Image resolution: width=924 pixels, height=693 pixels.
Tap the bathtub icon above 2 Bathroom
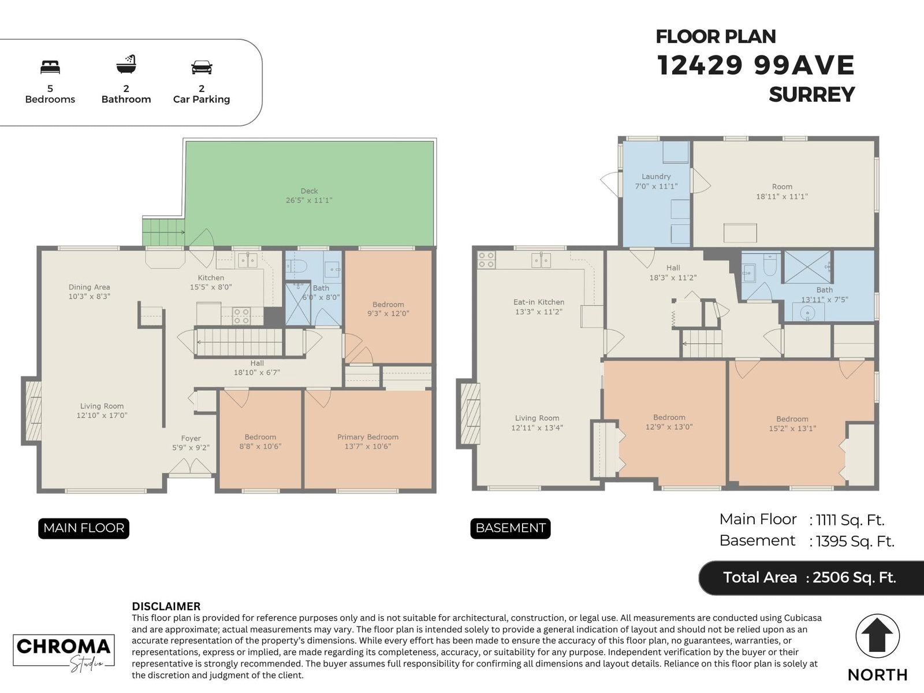(x=126, y=64)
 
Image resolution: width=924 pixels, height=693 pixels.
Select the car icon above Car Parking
(x=202, y=68)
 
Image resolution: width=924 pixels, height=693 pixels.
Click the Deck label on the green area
(x=309, y=191)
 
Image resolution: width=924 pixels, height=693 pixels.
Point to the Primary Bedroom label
(x=367, y=437)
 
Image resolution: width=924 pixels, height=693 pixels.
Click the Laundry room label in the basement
(x=656, y=176)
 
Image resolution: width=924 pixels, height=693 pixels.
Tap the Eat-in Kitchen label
(x=539, y=302)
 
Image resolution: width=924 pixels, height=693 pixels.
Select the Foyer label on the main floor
(x=191, y=438)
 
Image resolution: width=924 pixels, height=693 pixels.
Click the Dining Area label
(x=90, y=287)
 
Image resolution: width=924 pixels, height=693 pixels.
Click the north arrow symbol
(x=877, y=636)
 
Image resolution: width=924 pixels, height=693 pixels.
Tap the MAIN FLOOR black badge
(x=84, y=528)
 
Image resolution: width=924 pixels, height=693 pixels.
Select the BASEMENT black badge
(x=510, y=528)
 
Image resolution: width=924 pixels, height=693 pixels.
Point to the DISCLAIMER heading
(x=166, y=606)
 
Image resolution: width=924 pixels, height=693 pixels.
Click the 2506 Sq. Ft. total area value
(x=854, y=577)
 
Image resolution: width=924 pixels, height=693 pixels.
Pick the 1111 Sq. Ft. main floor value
(x=850, y=520)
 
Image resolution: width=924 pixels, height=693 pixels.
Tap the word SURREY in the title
(x=811, y=94)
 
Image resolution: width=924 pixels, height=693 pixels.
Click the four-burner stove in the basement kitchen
(x=486, y=260)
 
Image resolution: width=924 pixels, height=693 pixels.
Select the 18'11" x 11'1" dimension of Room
(x=782, y=197)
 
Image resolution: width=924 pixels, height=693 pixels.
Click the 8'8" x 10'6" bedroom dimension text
(x=260, y=446)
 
